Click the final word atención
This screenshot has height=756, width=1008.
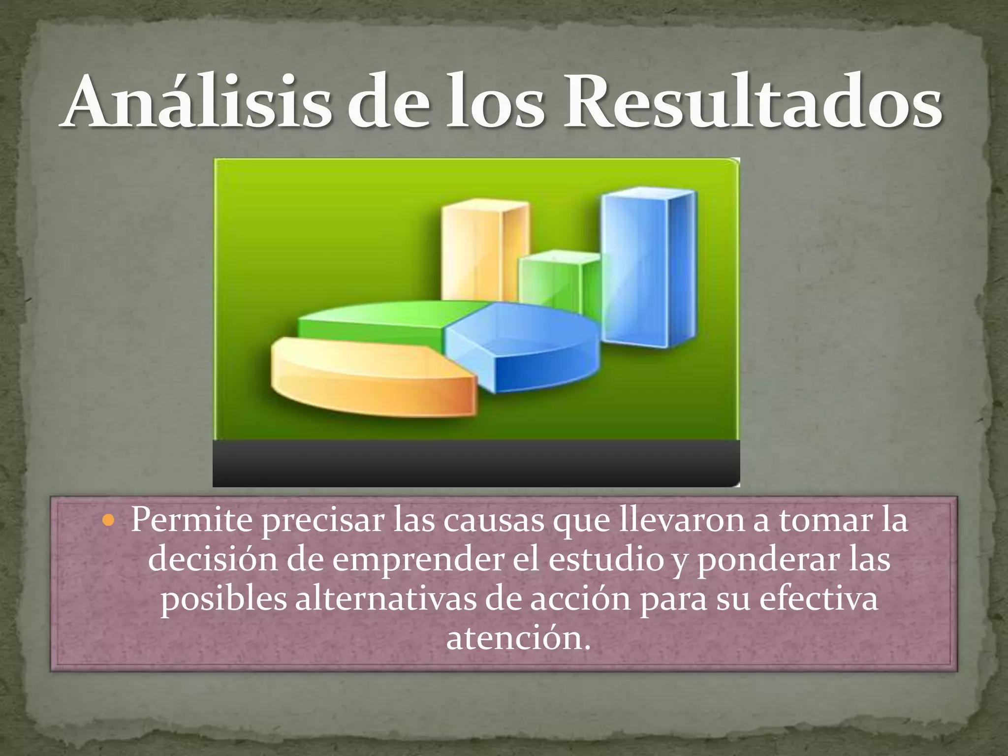(517, 638)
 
